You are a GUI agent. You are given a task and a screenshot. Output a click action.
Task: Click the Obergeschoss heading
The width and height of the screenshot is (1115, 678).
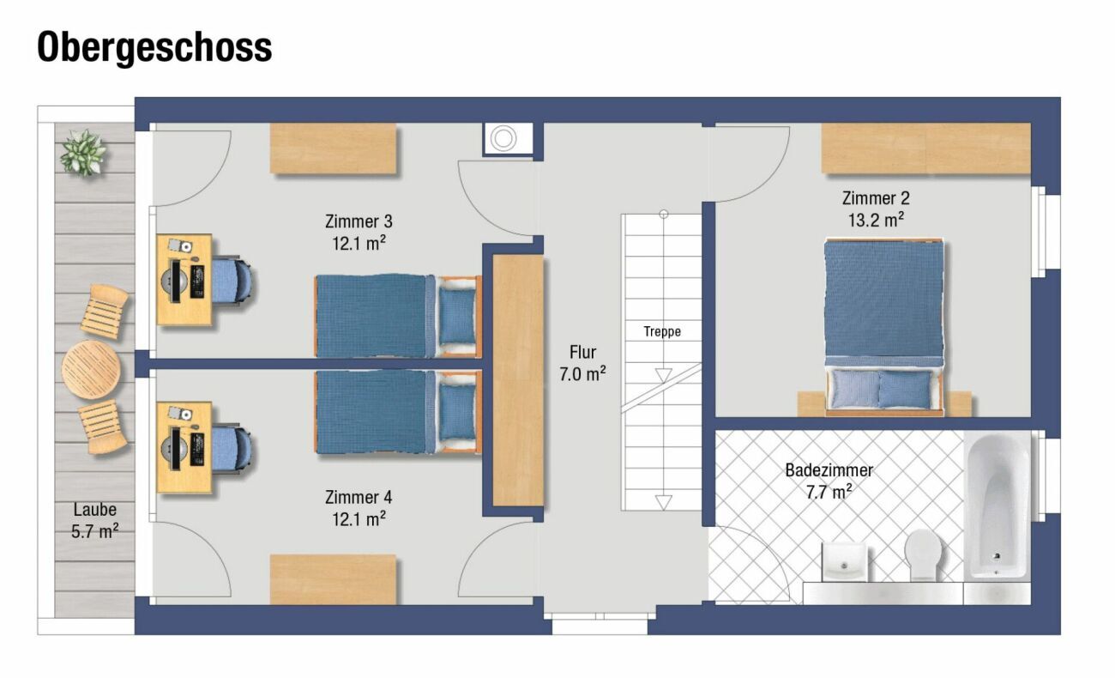(x=154, y=47)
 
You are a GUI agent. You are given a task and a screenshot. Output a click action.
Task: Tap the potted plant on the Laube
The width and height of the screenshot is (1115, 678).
(x=82, y=153)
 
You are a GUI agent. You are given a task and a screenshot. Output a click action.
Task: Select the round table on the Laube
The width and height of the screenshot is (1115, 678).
(x=91, y=369)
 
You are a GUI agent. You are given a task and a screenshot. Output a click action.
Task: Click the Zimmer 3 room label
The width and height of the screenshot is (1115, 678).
(x=359, y=221)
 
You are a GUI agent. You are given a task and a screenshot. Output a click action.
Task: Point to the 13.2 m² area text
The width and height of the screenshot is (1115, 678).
(x=876, y=220)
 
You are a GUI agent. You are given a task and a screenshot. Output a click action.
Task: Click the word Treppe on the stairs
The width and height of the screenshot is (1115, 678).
(x=662, y=332)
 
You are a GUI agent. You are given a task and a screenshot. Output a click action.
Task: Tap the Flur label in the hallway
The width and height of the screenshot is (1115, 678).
(x=582, y=352)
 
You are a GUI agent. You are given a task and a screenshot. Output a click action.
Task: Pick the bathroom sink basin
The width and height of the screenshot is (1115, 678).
(x=844, y=561)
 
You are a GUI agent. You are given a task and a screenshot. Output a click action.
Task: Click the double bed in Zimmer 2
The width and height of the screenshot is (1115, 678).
(x=884, y=327)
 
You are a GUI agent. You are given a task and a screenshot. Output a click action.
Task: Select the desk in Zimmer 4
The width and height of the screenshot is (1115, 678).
(x=184, y=447)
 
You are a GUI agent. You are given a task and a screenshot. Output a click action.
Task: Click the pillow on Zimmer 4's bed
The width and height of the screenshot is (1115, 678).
(x=457, y=411)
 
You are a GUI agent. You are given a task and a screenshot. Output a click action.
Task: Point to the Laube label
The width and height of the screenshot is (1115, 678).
(x=94, y=509)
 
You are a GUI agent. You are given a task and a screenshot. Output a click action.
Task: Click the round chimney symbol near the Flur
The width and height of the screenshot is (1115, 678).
(x=503, y=138)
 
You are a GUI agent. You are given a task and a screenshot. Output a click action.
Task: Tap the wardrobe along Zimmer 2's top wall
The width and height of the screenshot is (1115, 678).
(x=925, y=148)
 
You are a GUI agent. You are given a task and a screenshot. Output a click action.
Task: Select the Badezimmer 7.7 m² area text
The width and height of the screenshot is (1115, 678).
(x=829, y=492)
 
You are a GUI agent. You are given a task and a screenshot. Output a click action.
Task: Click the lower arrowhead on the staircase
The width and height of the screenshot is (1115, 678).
(x=663, y=502)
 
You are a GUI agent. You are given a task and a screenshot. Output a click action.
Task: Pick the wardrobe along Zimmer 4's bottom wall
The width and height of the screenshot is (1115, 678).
(x=333, y=579)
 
